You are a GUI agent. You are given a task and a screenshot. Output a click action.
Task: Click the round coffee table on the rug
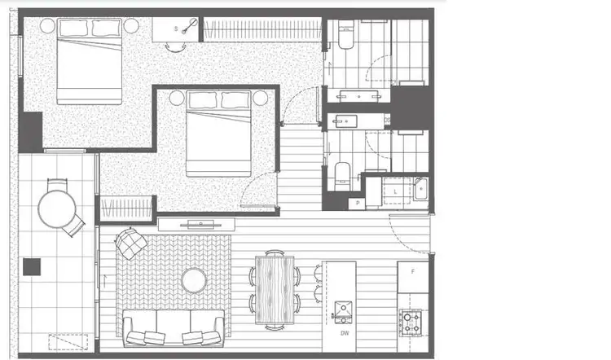(x=194, y=280)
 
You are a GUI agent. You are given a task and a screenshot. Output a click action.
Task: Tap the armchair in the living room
(x=132, y=243)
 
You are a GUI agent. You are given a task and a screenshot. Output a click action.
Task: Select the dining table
(x=275, y=289)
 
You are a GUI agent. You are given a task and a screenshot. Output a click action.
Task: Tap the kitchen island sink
(x=344, y=310)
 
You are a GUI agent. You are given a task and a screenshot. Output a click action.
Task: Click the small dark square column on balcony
(x=32, y=266)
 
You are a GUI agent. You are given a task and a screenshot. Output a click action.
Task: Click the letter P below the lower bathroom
(x=356, y=204)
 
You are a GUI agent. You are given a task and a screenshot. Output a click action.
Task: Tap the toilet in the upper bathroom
(x=346, y=37)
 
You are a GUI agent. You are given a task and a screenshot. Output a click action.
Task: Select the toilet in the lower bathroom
(x=343, y=173)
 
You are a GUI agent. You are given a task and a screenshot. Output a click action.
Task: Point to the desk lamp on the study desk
(x=191, y=27)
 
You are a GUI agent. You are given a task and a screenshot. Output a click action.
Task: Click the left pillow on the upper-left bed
(x=74, y=29)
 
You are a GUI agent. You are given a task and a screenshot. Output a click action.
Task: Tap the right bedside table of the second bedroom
(x=261, y=99)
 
